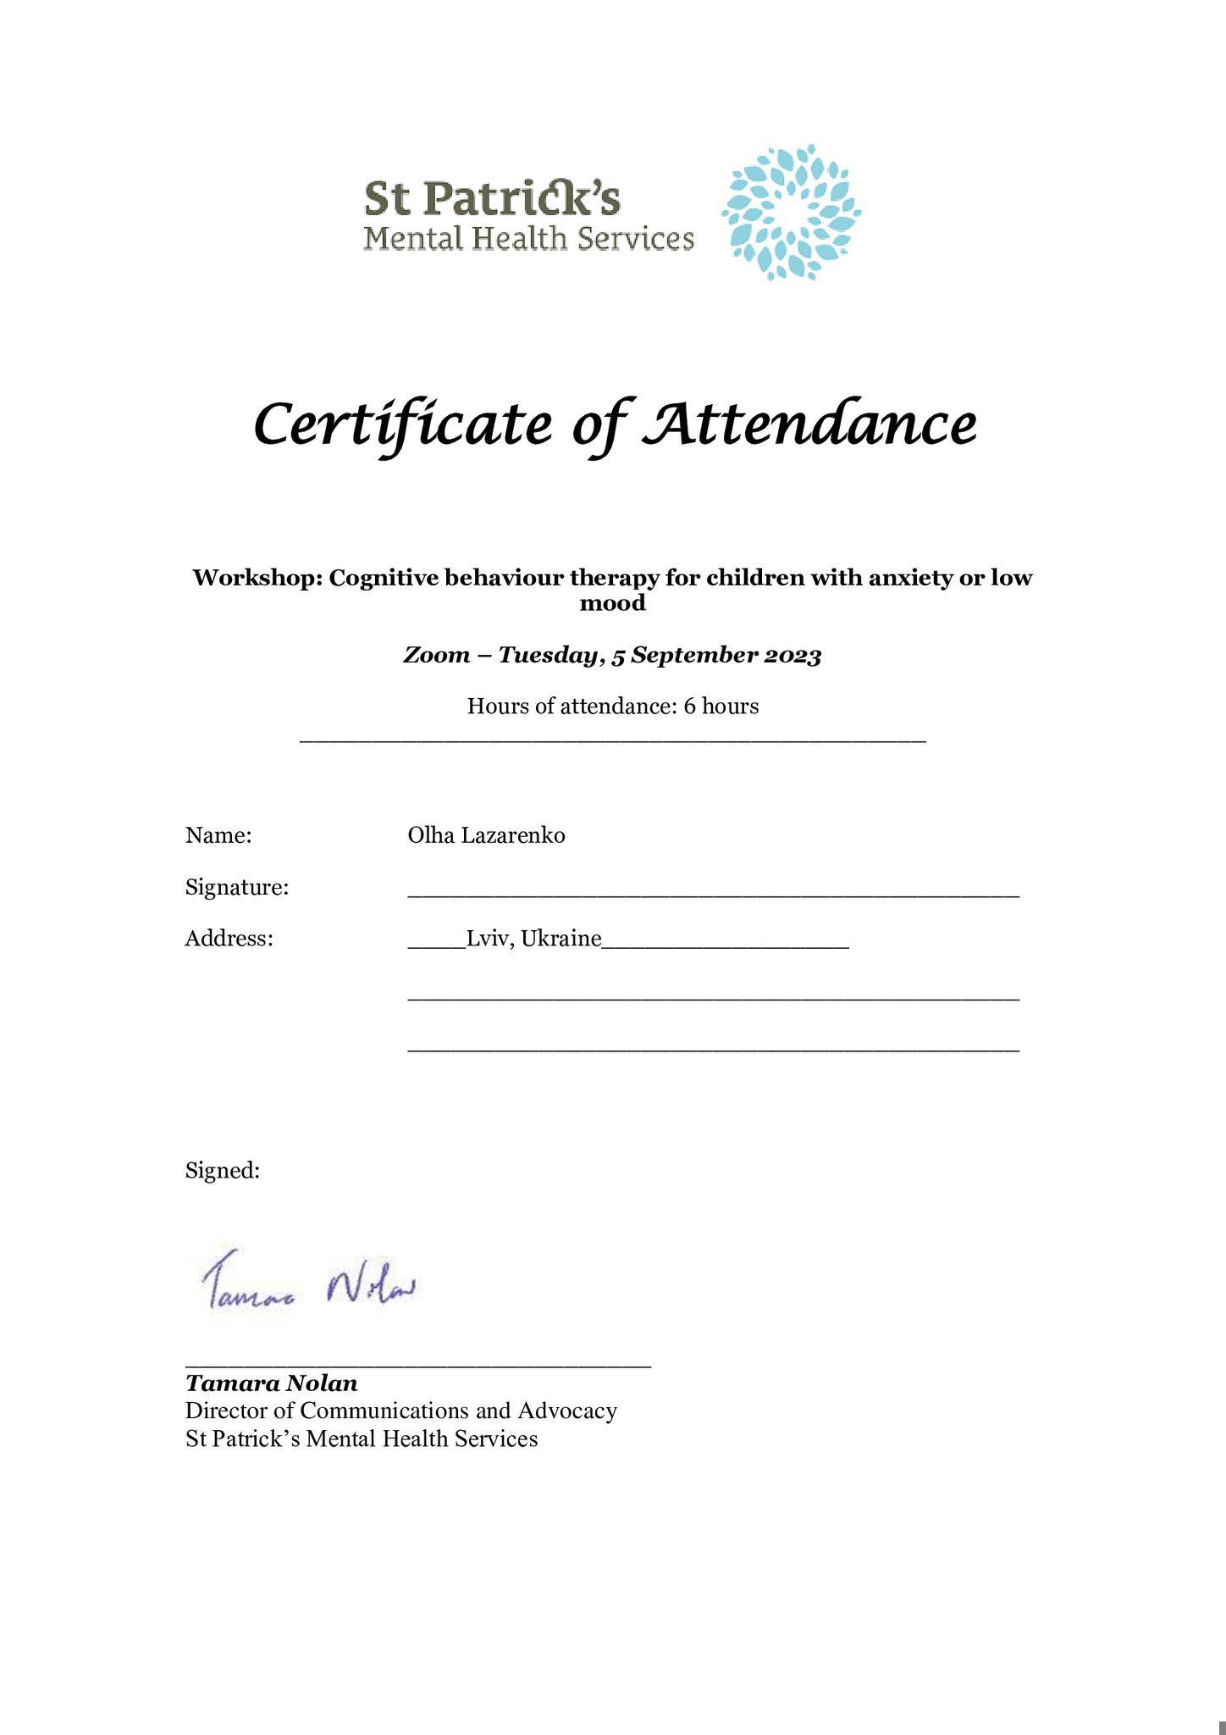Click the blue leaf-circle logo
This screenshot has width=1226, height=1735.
(x=791, y=213)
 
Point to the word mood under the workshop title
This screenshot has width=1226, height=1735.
(x=612, y=603)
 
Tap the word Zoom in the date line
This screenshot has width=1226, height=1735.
(x=435, y=656)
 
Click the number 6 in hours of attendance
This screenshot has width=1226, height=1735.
(x=689, y=707)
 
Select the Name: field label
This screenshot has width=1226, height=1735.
(x=218, y=836)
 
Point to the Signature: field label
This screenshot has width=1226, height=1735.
(x=237, y=888)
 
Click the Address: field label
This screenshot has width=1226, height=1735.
(x=229, y=939)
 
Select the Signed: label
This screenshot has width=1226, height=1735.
(x=223, y=1171)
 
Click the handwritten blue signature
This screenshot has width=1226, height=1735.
(x=310, y=1288)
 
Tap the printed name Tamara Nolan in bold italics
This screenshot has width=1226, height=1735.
(x=272, y=1384)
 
